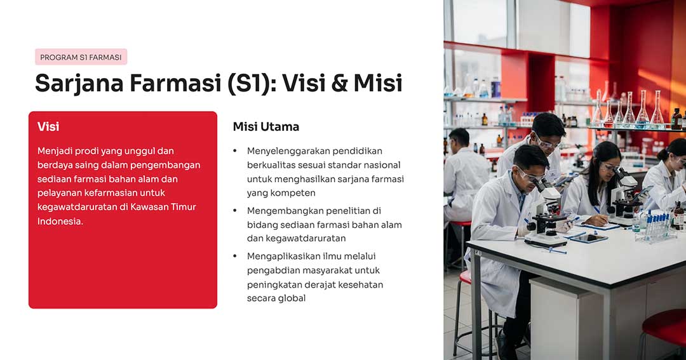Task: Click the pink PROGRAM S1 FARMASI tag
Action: coord(81,57)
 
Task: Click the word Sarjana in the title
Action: coord(79,84)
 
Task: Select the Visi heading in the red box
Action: coord(48,127)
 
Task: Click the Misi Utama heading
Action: coord(266,127)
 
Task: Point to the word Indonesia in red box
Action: coord(60,221)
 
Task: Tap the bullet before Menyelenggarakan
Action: coord(235,151)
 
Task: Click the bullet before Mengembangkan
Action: coord(235,211)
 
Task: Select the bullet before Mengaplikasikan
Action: coord(235,257)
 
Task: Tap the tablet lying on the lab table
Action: coord(589,238)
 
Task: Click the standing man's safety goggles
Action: coord(547,142)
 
